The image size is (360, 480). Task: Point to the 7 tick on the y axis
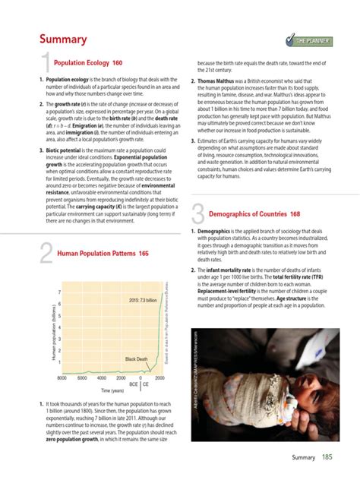pyautogui.click(x=59, y=293)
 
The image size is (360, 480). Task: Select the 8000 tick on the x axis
pyautogui.click(x=62, y=377)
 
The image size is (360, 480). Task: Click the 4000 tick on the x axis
pyautogui.click(x=102, y=377)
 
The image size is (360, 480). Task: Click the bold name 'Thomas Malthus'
pyautogui.click(x=221, y=80)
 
